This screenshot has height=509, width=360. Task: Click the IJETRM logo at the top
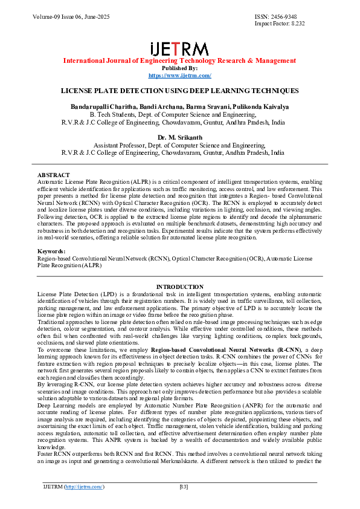pos(179,49)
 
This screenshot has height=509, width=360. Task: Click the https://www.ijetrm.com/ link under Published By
pos(179,75)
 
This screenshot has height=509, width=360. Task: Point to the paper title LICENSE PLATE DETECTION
pos(179,90)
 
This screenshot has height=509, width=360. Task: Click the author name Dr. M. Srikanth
pos(179,137)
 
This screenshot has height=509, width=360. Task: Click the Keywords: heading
pos(51,250)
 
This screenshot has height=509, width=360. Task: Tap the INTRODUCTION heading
pos(179,287)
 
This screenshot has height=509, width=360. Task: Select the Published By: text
pos(179,68)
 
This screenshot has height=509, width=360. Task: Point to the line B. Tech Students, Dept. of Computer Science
pos(179,114)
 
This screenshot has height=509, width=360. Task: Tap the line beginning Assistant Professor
pos(179,145)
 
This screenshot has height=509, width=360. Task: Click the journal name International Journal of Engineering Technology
pos(179,60)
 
